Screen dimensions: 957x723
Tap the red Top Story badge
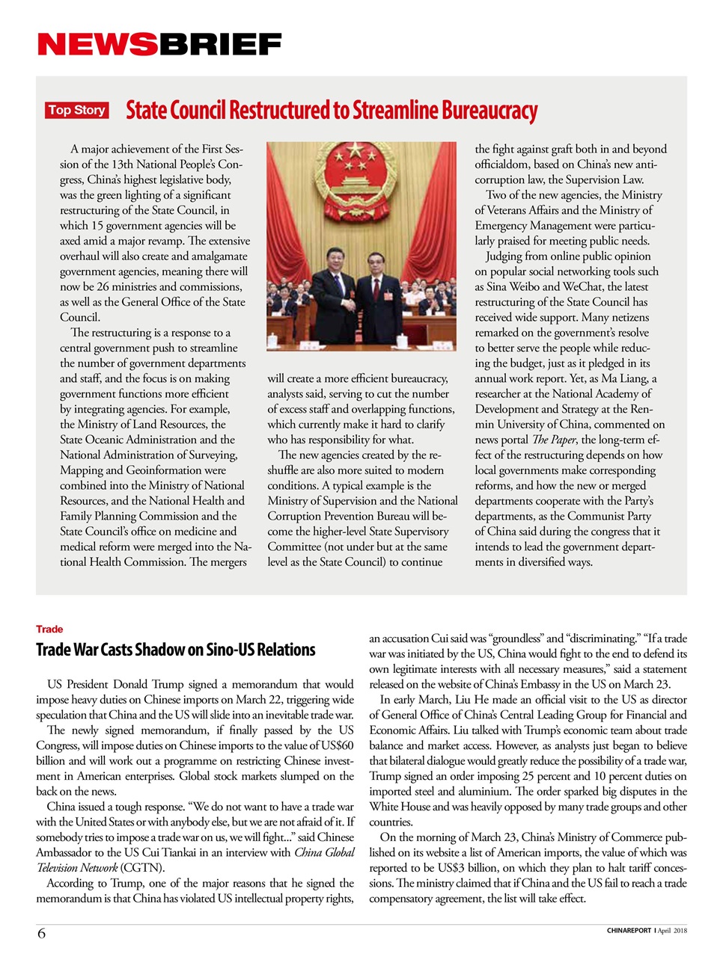[76, 111]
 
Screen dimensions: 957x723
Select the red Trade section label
[49, 630]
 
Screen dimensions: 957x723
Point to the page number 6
[41, 933]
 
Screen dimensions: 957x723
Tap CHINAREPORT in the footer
[629, 931]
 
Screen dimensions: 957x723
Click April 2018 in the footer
[672, 931]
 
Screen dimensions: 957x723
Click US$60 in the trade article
[336, 745]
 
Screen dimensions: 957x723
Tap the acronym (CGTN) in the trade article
[142, 868]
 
